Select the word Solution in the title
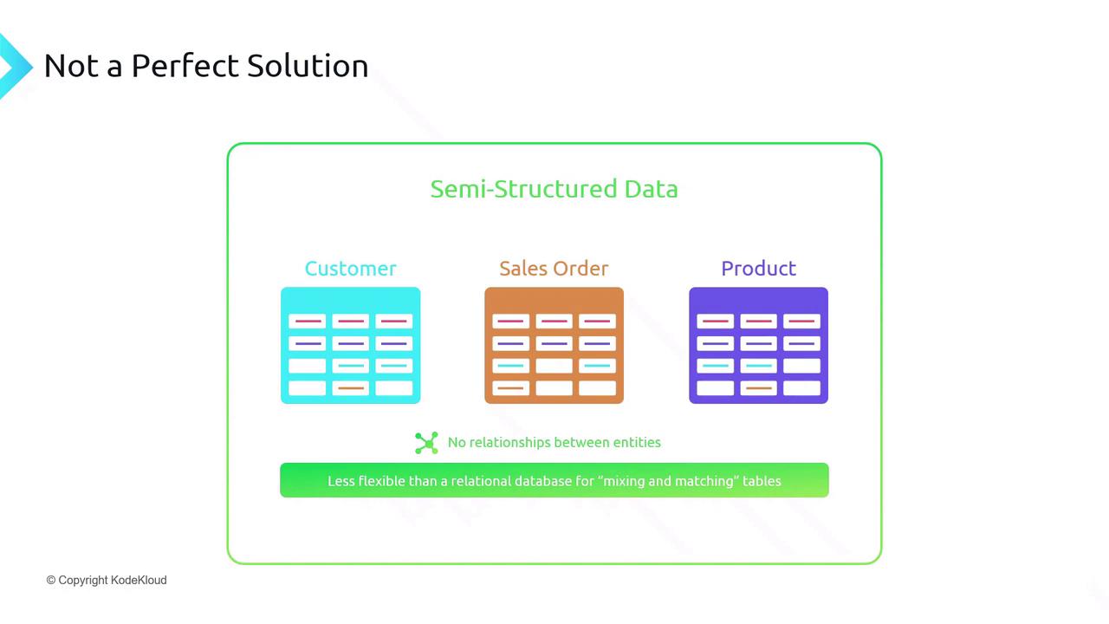[x=308, y=66]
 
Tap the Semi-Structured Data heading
[x=554, y=189]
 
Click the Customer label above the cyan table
[x=351, y=269]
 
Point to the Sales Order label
[x=554, y=269]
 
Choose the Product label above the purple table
[x=758, y=269]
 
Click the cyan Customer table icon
[x=351, y=345]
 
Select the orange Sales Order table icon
[x=554, y=345]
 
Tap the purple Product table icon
[x=758, y=345]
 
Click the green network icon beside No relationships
[x=426, y=443]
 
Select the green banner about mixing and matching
[x=554, y=480]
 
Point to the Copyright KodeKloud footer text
[x=107, y=580]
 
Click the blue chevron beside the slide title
[x=15, y=66]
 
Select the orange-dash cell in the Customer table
[x=351, y=387]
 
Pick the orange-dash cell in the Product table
[x=758, y=387]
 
